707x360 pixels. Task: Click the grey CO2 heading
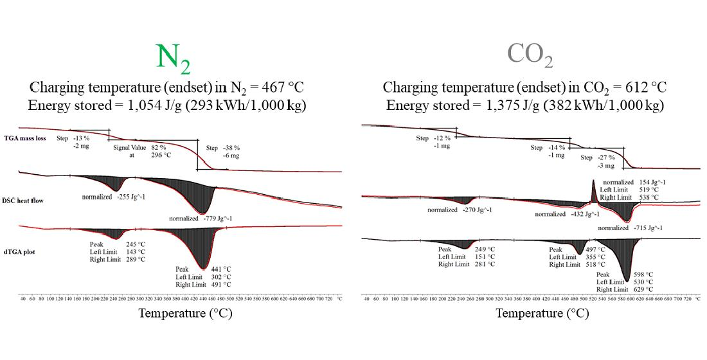coord(530,56)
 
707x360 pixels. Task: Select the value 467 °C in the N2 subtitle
coord(289,87)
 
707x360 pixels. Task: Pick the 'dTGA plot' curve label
coord(39,251)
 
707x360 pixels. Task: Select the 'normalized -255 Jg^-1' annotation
coord(113,197)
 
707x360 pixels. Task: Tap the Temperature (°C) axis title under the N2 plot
coord(184,314)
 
